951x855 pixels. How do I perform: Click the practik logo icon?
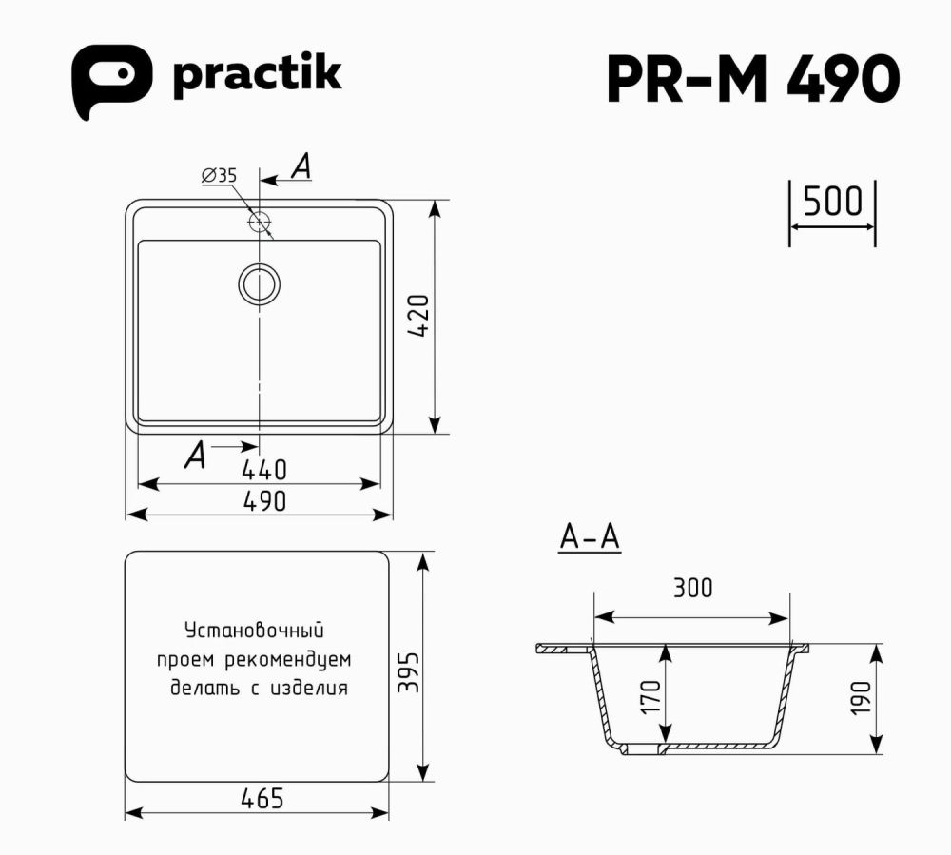111,81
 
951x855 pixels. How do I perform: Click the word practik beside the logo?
256,76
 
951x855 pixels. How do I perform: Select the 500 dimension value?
832,203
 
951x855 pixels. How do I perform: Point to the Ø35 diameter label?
219,175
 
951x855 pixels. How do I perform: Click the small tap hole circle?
259,223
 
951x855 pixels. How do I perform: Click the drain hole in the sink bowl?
259,283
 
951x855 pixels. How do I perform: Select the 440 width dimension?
263,469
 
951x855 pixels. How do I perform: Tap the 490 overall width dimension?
262,500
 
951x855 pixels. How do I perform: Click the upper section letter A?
301,167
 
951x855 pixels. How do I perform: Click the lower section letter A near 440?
195,457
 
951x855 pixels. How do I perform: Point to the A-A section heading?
590,538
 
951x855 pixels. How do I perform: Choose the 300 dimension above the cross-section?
691,588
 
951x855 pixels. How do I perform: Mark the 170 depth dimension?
651,697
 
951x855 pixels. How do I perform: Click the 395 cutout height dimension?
407,672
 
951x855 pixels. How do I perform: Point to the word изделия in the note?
308,688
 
